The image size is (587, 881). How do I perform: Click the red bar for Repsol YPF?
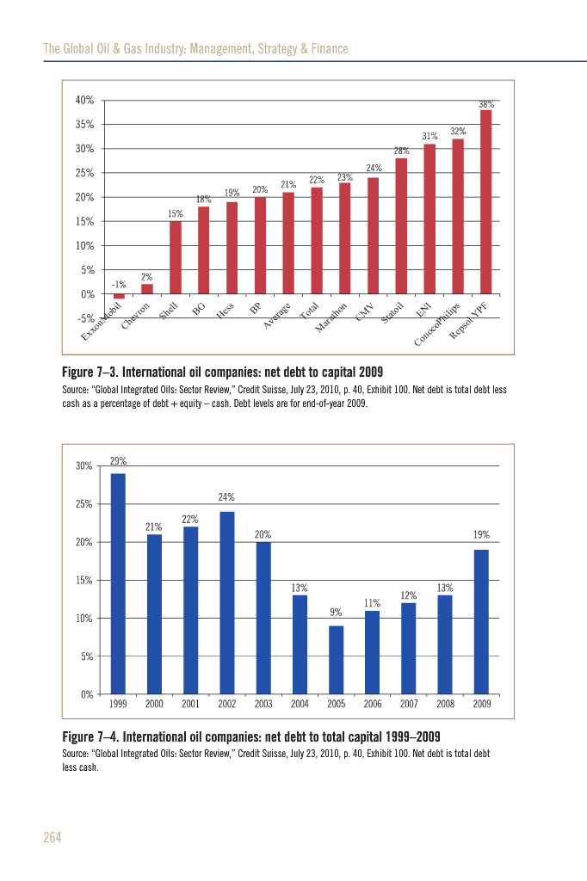pyautogui.click(x=485, y=202)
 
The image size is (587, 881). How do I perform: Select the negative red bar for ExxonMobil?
pyautogui.click(x=119, y=297)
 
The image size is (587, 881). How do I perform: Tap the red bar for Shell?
pyautogui.click(x=176, y=257)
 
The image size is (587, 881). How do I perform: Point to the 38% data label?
pyautogui.click(x=486, y=104)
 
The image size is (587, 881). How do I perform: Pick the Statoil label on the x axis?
pyautogui.click(x=392, y=313)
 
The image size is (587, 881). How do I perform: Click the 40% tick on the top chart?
pyautogui.click(x=84, y=101)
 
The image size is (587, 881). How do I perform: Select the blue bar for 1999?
pyautogui.click(x=118, y=583)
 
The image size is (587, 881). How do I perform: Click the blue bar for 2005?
pyautogui.click(x=337, y=659)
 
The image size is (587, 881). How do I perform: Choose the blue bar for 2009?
pyautogui.click(x=482, y=621)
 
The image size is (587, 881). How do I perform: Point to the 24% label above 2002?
pyautogui.click(x=226, y=497)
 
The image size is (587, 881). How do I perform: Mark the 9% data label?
pyautogui.click(x=337, y=613)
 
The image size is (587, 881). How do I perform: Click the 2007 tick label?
pyautogui.click(x=409, y=705)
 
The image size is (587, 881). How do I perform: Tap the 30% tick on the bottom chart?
pyautogui.click(x=84, y=466)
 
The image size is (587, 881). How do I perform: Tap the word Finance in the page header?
pyautogui.click(x=328, y=49)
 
